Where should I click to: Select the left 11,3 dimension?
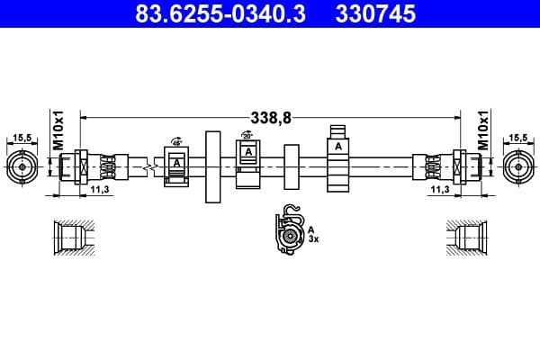pos(99,191)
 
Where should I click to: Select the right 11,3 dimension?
pos(439,191)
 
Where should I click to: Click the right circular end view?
pos(517,166)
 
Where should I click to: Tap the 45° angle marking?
pos(177,142)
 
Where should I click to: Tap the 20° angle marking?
pos(247,135)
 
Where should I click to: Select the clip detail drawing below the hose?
pos(290,234)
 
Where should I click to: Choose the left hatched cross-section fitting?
pos(71,238)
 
